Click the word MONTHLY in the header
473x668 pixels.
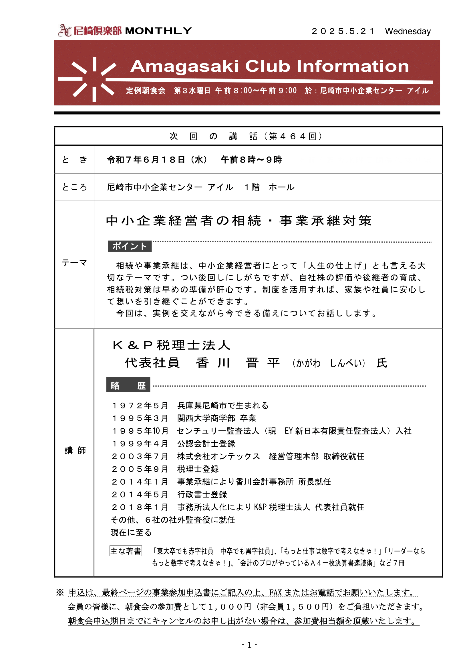[158, 31]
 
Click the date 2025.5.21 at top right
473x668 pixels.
[343, 31]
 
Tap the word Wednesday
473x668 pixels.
[408, 31]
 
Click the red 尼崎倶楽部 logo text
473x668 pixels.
[97, 31]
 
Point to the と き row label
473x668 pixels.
[74, 159]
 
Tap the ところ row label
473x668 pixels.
[74, 187]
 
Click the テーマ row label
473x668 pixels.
[74, 263]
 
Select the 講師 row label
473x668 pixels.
[75, 450]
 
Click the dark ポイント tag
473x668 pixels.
[129, 246]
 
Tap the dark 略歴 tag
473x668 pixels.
[128, 386]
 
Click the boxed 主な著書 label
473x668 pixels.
[126, 551]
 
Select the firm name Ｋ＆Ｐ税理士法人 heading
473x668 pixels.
[172, 345]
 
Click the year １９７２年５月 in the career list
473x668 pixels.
[140, 405]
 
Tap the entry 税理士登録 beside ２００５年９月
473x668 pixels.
[198, 469]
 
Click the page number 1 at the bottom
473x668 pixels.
[249, 645]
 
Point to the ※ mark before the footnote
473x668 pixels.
[60, 592]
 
